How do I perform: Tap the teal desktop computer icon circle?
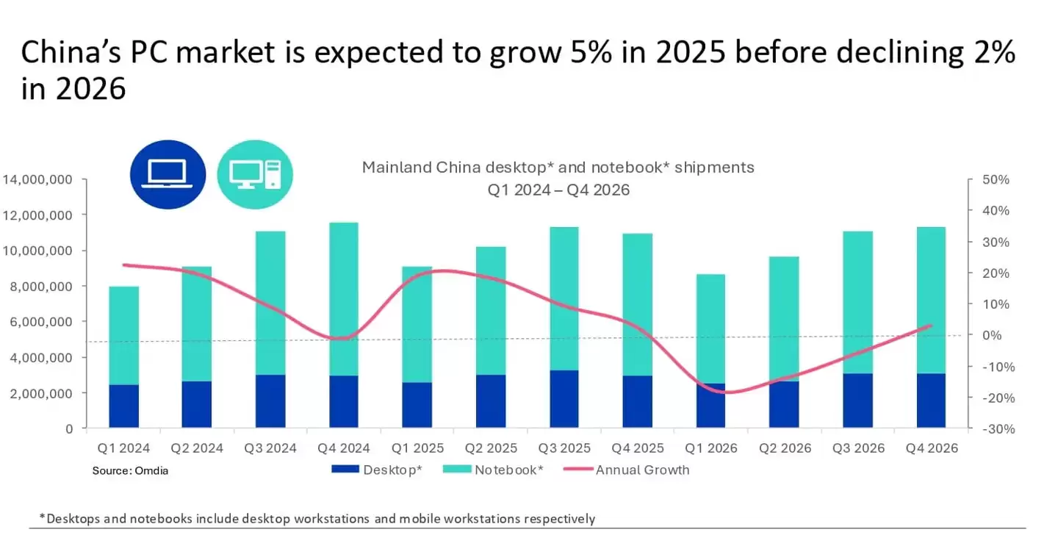point(255,175)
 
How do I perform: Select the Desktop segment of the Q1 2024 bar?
point(123,406)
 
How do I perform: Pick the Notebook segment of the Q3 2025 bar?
point(564,298)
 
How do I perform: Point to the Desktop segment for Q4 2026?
point(931,401)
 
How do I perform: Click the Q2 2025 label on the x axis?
point(490,448)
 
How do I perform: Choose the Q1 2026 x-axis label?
point(710,448)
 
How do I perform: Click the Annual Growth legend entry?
point(641,470)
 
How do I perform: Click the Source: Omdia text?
point(130,470)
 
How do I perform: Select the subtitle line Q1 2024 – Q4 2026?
point(558,190)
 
